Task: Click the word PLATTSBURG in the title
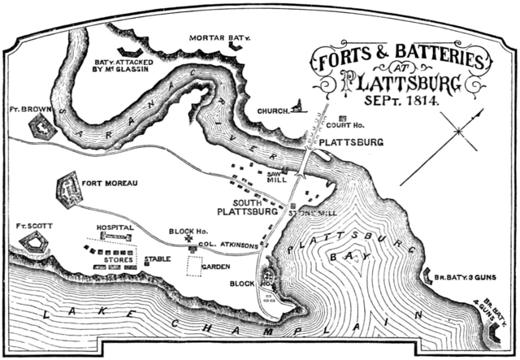pyautogui.click(x=401, y=83)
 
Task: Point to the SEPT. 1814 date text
pyautogui.click(x=400, y=103)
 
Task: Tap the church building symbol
pyautogui.click(x=299, y=106)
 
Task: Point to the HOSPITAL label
pyautogui.click(x=115, y=228)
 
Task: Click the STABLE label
pyautogui.click(x=158, y=260)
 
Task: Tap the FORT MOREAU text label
pyautogui.click(x=114, y=184)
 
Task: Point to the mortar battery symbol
pyautogui.click(x=236, y=49)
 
